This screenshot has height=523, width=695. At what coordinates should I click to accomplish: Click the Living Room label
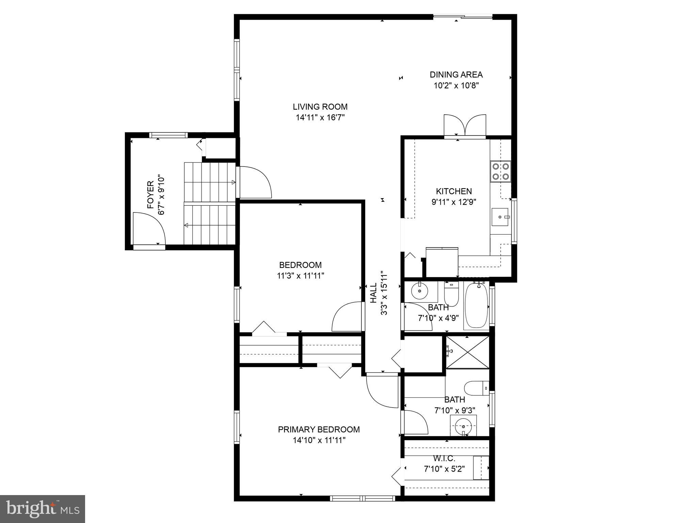click(320, 107)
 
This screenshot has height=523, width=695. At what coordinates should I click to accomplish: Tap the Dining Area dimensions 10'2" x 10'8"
click(456, 85)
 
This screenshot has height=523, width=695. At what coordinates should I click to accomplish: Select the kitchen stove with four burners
click(500, 171)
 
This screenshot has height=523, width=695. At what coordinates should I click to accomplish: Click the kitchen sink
click(500, 217)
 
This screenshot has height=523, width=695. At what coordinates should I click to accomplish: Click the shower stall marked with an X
click(467, 352)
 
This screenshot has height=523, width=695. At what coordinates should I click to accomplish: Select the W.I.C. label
click(444, 458)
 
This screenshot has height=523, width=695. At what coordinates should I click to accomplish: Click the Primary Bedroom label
click(319, 429)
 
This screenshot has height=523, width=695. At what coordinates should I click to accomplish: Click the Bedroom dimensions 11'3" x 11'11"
click(300, 276)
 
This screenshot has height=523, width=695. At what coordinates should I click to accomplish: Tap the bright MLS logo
click(42, 509)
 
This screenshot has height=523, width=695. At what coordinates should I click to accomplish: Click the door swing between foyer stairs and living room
click(255, 182)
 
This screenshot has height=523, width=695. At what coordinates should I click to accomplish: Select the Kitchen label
click(454, 191)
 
